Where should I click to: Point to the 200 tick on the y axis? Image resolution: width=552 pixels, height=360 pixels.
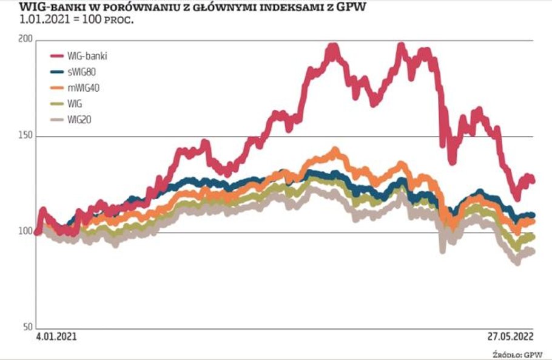click(x=26, y=40)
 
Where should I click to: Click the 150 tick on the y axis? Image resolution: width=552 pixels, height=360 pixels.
click(x=26, y=136)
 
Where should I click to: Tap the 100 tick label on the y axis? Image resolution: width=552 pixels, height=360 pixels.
click(x=26, y=232)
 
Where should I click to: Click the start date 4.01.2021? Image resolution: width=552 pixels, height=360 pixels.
click(x=56, y=336)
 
